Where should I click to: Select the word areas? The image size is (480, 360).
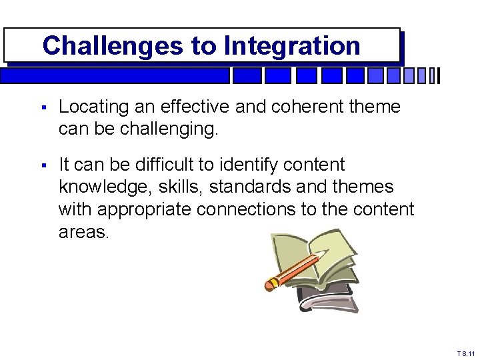pos(82,233)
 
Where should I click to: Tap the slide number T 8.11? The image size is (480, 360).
pos(466,353)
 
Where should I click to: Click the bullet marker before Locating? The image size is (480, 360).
pos(43,107)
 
